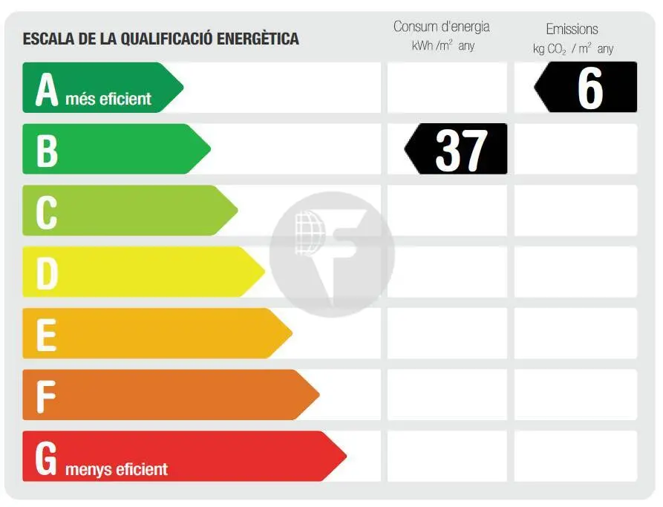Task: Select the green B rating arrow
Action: click(115, 149)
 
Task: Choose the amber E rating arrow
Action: click(156, 333)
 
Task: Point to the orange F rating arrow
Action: click(170, 395)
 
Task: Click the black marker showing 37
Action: click(457, 149)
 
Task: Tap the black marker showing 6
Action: click(587, 88)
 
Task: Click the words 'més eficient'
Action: click(108, 99)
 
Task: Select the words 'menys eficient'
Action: click(117, 469)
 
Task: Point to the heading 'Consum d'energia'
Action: click(442, 27)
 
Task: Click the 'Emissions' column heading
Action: click(572, 29)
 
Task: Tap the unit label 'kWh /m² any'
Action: click(443, 46)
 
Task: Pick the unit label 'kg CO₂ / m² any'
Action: click(573, 49)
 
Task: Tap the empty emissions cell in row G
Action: click(575, 456)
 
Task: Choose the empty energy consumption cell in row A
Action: click(447, 88)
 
